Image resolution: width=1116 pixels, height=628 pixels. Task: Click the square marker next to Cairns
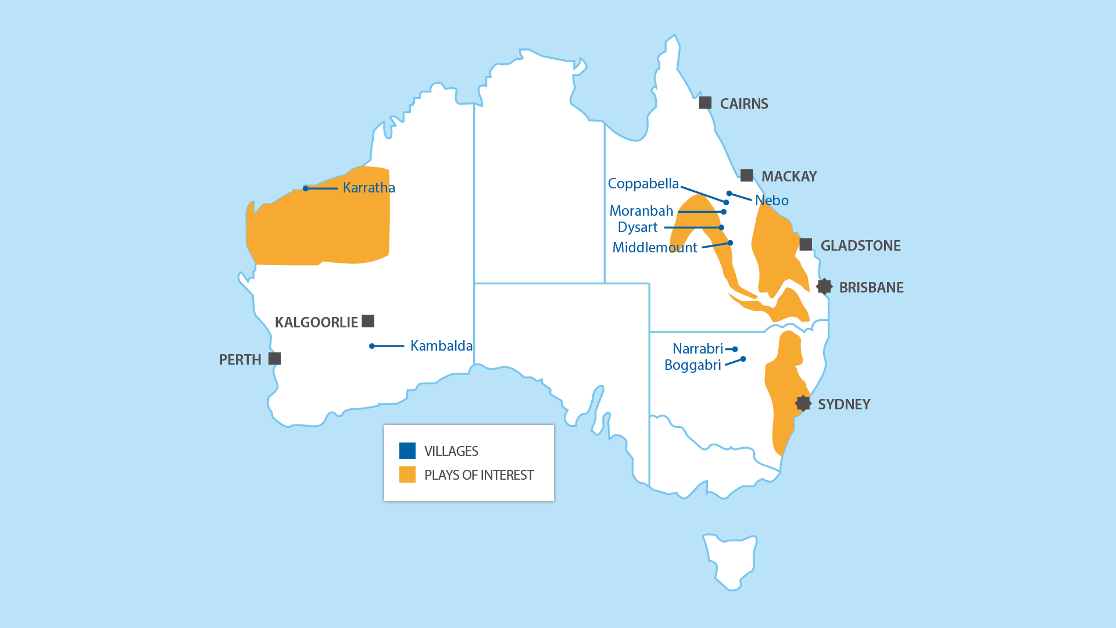(x=705, y=103)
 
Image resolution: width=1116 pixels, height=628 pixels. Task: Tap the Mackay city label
(x=789, y=176)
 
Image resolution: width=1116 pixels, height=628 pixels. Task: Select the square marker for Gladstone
(x=806, y=244)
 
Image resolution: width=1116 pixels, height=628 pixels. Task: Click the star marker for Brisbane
(x=824, y=287)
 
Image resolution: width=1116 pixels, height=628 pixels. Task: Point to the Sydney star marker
(x=803, y=404)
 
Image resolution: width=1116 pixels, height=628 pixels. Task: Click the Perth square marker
(x=275, y=359)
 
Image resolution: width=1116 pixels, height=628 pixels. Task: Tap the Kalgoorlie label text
(x=316, y=322)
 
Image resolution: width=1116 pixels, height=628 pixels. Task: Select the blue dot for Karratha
(x=306, y=188)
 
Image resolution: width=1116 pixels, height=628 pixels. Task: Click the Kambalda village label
(x=441, y=346)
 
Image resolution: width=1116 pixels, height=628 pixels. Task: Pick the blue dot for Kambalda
(x=372, y=346)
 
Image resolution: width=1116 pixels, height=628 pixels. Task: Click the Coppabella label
(x=643, y=184)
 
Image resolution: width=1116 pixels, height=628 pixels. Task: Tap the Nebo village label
(x=772, y=201)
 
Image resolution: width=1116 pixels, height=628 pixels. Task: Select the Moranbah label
(x=641, y=211)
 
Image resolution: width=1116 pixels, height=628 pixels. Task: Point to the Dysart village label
(x=638, y=227)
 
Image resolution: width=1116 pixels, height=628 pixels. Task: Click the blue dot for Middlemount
(x=730, y=243)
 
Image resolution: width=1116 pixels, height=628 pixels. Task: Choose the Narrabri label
(x=697, y=349)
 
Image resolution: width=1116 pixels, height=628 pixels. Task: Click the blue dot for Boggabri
(x=743, y=359)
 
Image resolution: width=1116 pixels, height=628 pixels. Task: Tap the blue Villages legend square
(x=407, y=451)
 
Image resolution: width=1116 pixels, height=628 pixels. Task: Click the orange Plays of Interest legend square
(x=407, y=474)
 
